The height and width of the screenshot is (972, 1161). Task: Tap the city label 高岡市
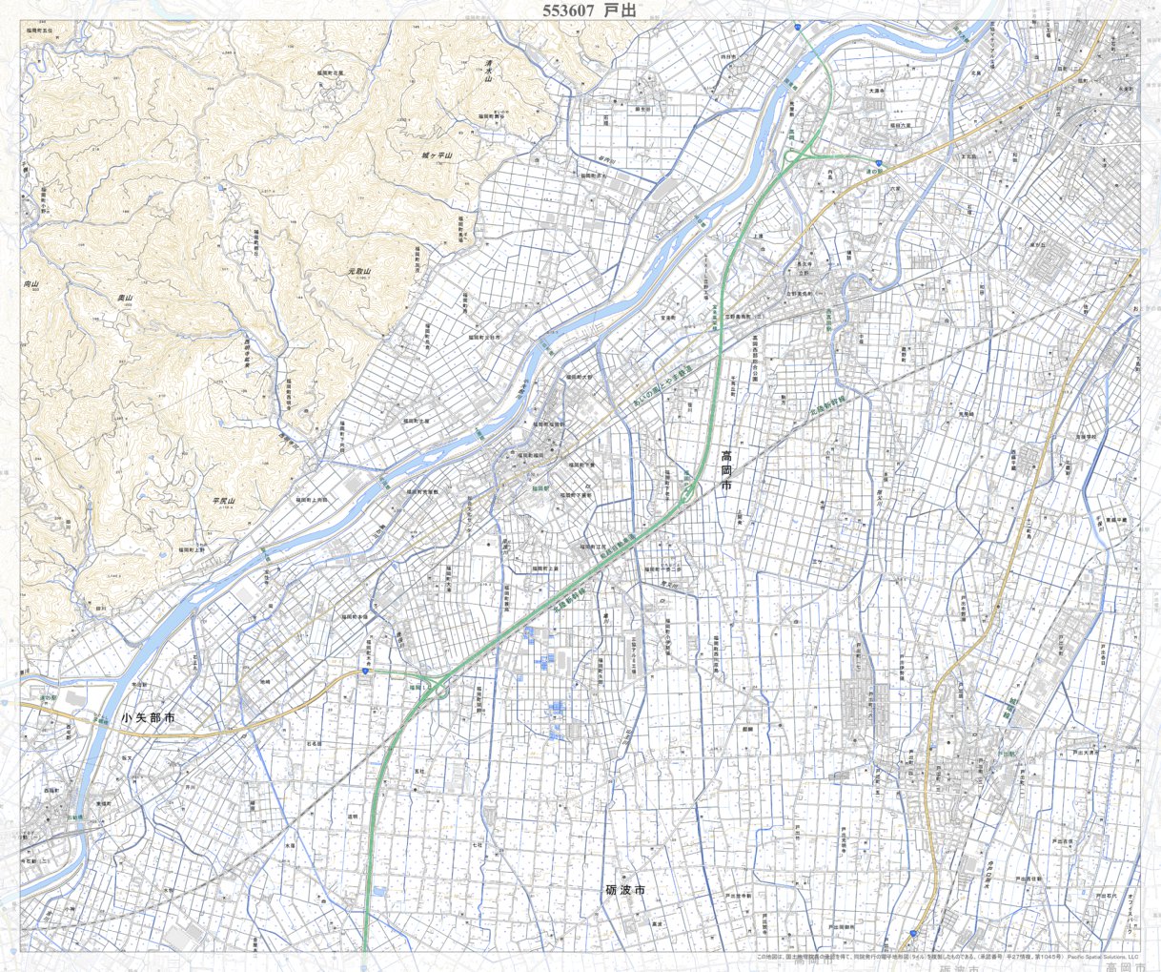726,472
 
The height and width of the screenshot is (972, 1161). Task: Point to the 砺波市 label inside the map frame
625,890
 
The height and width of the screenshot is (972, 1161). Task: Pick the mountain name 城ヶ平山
437,155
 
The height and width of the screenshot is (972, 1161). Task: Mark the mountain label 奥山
124,299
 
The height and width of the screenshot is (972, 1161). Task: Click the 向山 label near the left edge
31,284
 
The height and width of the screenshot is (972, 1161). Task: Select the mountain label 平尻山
223,500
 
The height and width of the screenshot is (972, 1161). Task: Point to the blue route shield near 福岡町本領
364,672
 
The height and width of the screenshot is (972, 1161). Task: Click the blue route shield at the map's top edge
796,29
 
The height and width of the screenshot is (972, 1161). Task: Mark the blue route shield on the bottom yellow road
912,933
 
